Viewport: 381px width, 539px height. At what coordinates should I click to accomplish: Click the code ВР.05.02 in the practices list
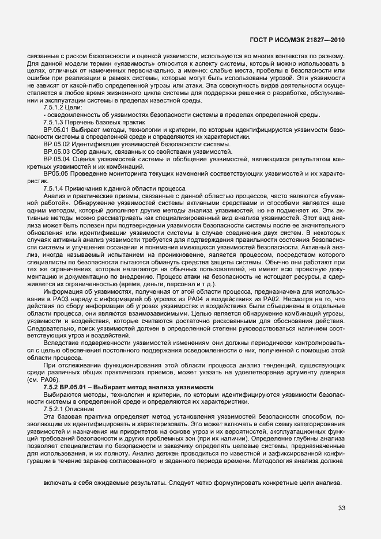click(x=56, y=144)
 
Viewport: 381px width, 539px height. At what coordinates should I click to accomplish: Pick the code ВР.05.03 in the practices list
click(x=56, y=151)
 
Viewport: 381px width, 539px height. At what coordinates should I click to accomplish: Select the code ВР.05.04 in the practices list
click(x=56, y=159)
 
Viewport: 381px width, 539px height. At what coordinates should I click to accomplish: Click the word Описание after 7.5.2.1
click(x=84, y=408)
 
